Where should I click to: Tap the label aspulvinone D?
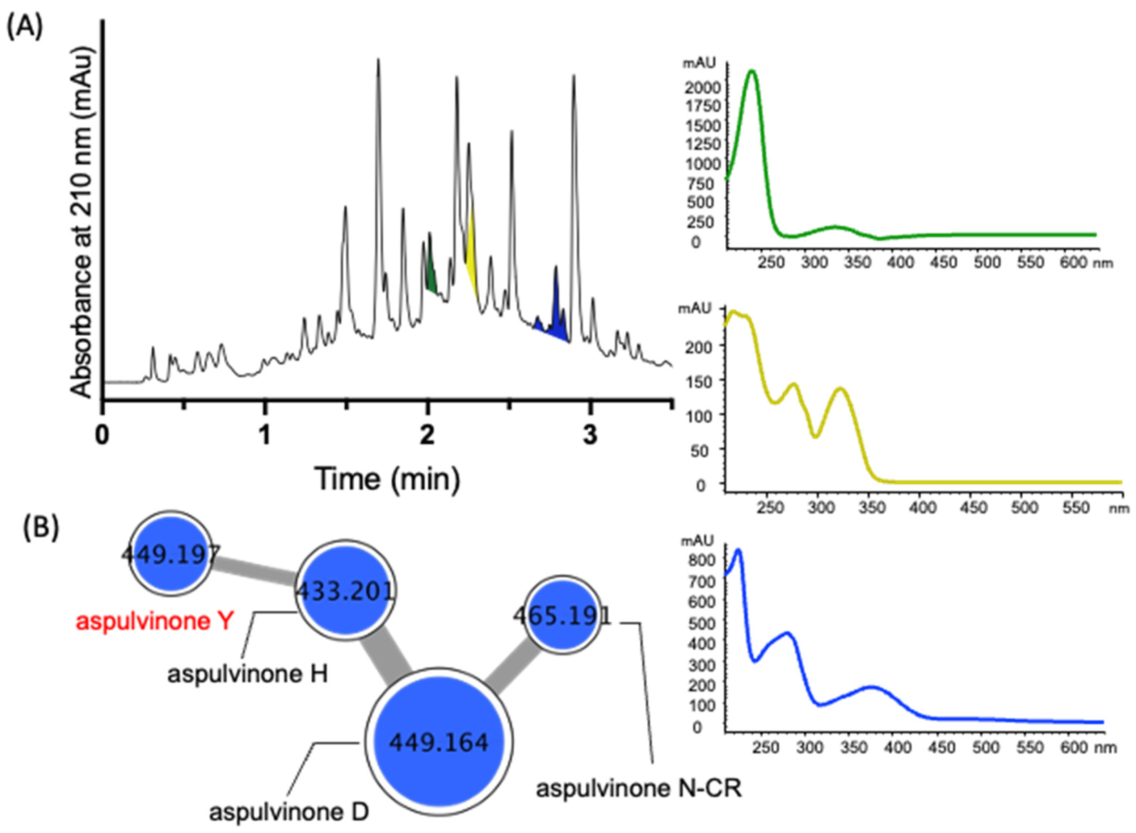(x=289, y=812)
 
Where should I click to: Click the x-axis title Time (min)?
(x=387, y=479)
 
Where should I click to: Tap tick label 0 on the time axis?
(x=103, y=435)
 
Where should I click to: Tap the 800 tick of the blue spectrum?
(x=704, y=560)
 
